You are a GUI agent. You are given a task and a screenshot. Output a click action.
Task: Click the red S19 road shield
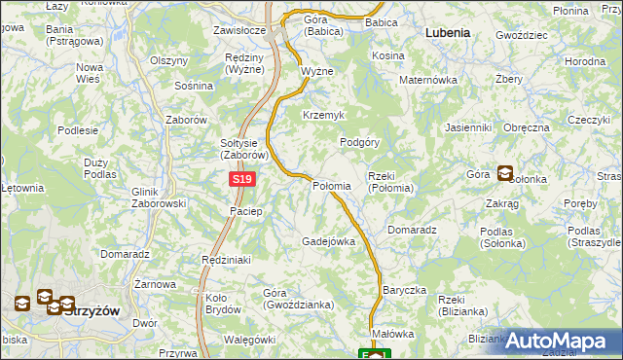(243, 180)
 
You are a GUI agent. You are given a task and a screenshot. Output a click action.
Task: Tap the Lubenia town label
(448, 32)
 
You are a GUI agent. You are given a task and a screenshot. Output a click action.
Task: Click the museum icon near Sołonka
(505, 174)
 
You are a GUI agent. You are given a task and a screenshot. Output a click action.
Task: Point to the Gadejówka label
(328, 241)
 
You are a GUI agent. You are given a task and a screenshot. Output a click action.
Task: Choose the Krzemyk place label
(324, 115)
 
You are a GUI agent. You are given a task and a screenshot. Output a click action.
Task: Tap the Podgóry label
(359, 141)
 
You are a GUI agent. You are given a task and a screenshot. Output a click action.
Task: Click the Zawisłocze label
(239, 30)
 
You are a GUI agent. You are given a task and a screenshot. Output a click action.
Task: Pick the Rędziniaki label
(226, 260)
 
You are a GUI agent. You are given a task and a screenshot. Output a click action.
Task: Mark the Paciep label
(246, 211)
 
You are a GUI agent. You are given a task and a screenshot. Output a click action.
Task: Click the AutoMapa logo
(562, 341)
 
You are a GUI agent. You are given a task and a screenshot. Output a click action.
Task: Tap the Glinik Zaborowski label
(158, 198)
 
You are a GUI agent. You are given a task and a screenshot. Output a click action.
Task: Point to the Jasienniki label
(467, 127)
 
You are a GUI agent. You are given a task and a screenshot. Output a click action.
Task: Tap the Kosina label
(387, 56)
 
